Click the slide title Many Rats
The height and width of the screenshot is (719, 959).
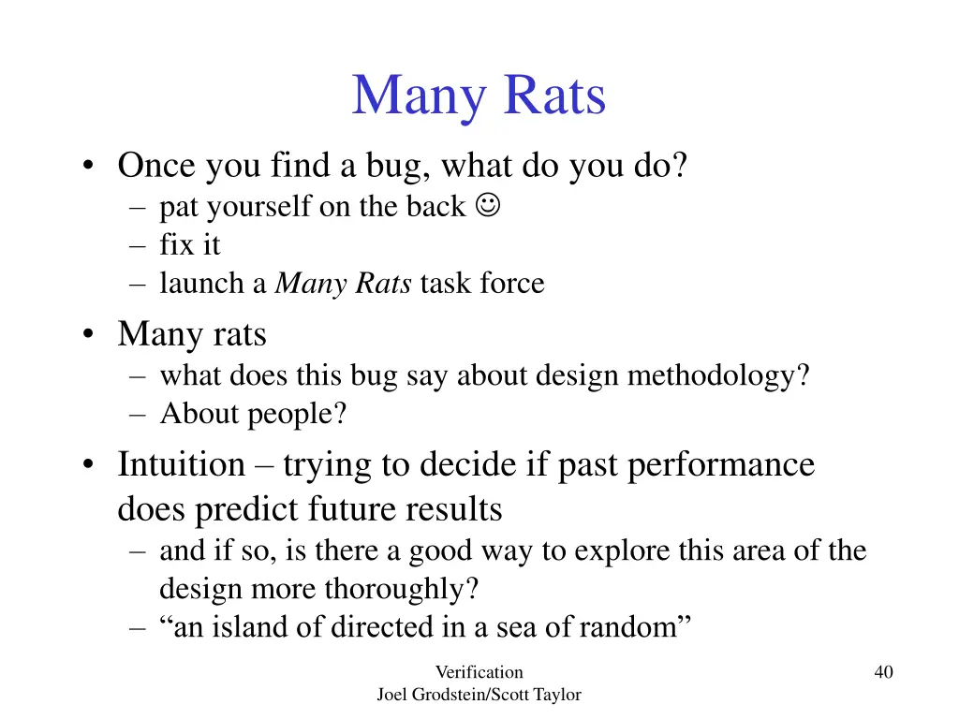pos(479,96)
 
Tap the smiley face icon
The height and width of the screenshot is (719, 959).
pos(487,205)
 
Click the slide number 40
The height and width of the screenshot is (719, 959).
pos(883,671)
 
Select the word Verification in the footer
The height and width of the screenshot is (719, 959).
pos(479,671)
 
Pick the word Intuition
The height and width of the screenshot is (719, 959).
pos(181,464)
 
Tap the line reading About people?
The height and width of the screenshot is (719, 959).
pos(253,414)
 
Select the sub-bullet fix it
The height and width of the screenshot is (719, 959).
pos(190,245)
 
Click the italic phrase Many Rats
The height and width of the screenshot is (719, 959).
pos(343,284)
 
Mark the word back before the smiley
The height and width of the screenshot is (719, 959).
pos(435,207)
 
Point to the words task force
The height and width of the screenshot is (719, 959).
pos(482,284)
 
